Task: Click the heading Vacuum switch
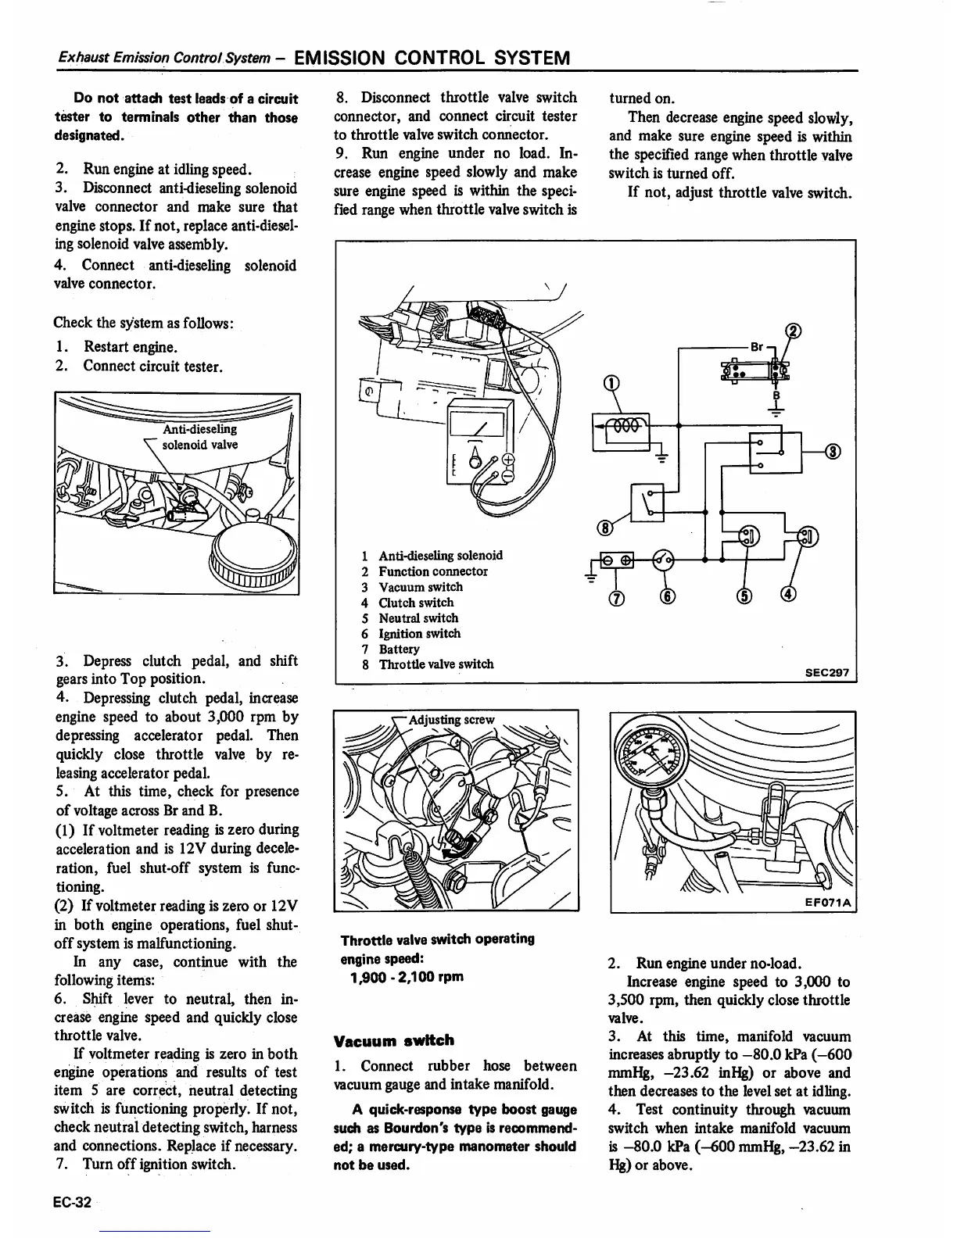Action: coord(393,1040)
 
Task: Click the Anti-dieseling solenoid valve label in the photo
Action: coord(199,437)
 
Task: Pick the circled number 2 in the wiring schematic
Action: coord(794,331)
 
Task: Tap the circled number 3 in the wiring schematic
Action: coord(833,451)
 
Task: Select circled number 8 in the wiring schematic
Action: coord(604,528)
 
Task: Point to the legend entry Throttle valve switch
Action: coord(435,664)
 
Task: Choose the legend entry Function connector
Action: coord(432,571)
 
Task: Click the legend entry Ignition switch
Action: coord(419,633)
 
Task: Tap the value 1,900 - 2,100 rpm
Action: coord(407,977)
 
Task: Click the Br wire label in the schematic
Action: coord(756,345)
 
